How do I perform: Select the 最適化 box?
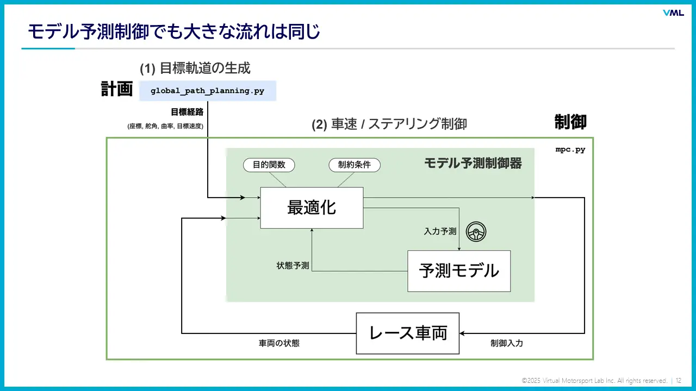coord(312,207)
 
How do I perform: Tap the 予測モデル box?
coord(459,270)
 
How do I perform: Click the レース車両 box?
coord(407,333)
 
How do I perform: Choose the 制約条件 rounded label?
coord(355,165)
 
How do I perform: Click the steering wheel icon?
coord(476,232)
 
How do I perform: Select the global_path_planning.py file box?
coord(207,91)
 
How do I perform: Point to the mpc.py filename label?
coord(570,149)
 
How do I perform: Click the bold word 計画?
coord(117,89)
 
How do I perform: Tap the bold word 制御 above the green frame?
coord(570,122)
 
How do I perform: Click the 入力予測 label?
coord(440,231)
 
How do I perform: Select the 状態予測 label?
coord(293,266)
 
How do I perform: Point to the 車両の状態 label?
coord(279,343)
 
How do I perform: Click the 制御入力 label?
coord(506,343)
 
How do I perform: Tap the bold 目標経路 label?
coord(187,112)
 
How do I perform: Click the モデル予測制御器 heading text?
coord(473,163)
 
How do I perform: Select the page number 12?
coord(679,381)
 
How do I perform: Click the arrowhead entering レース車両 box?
coord(463,333)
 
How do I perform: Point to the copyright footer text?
coord(594,381)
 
